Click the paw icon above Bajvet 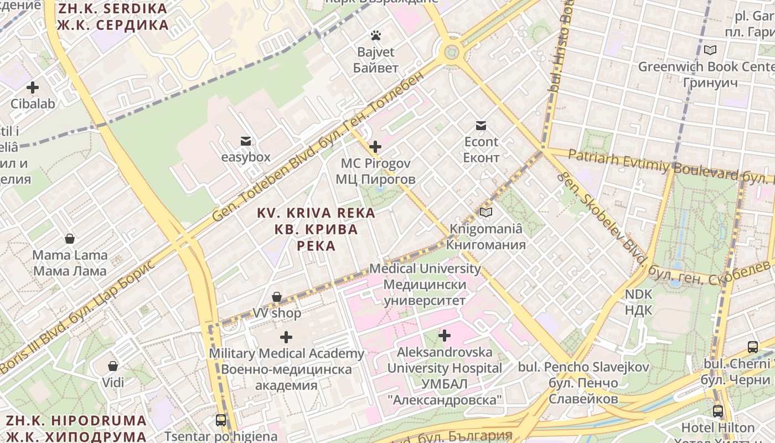coord(376,36)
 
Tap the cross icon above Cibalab coord(33,87)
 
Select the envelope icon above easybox coord(246,141)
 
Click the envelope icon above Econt coord(481,126)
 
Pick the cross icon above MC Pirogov coord(375,147)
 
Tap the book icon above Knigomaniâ coord(486,212)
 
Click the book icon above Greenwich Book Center coord(710,50)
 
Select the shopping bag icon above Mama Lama coord(70,239)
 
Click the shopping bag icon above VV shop coord(277,297)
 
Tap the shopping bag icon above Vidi coord(113,366)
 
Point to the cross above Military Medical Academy coord(286,337)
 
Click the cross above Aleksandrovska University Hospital coord(445,336)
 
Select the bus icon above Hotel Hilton coord(718,411)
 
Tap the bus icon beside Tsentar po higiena coord(221,420)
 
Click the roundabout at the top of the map coord(452,53)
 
